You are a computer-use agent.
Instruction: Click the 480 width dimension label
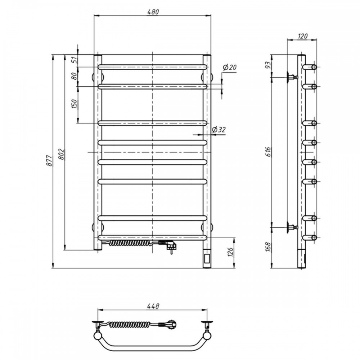click(x=153, y=12)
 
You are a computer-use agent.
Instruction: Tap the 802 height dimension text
click(x=61, y=154)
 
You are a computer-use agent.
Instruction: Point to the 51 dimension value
click(x=74, y=60)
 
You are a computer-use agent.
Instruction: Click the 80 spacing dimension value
click(x=74, y=76)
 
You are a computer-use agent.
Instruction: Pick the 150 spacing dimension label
click(x=74, y=104)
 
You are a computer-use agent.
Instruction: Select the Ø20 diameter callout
click(x=229, y=67)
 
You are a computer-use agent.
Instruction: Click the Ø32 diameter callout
click(x=219, y=130)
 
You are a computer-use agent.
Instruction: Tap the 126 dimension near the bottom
click(x=232, y=253)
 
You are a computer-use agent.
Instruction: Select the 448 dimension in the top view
click(x=153, y=306)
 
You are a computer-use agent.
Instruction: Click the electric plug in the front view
click(x=170, y=247)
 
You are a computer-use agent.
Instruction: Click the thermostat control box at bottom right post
click(x=207, y=258)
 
